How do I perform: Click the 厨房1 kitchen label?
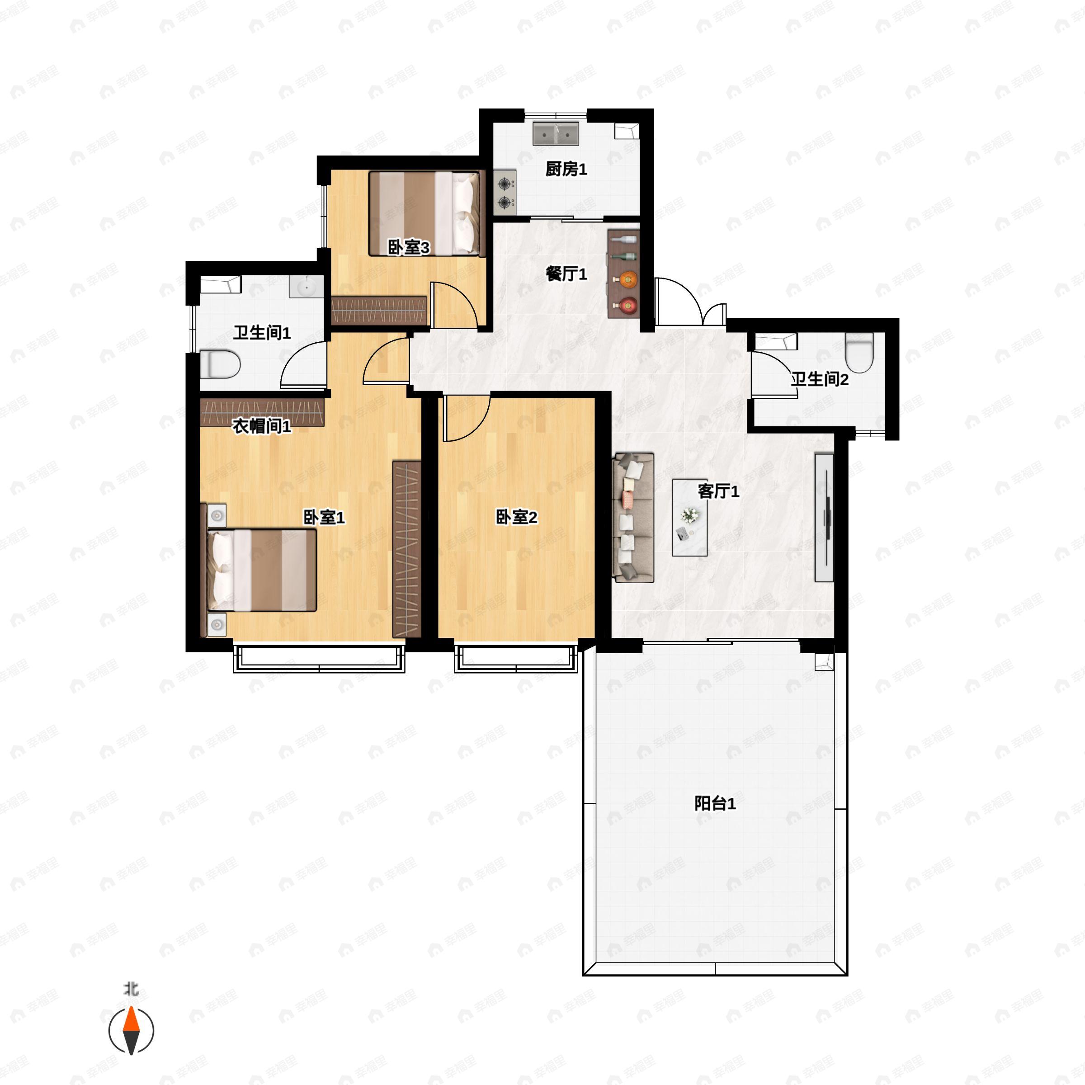tap(566, 169)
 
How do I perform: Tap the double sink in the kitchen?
tap(556, 134)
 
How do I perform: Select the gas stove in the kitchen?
tap(505, 193)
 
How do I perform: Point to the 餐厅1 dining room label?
tap(566, 274)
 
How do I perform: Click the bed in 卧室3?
tap(426, 214)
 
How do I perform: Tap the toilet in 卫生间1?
tap(220, 364)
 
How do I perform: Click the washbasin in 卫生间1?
tap(307, 287)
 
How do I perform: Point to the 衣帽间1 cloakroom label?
tap(262, 426)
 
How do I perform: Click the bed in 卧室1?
tap(262, 570)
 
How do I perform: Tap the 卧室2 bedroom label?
tap(516, 517)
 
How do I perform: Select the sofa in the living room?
tap(633, 517)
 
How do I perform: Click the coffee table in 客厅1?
tap(689, 517)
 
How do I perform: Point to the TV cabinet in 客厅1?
tap(824, 517)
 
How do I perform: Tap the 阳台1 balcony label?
tap(715, 804)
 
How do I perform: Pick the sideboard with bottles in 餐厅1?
tap(624, 274)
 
